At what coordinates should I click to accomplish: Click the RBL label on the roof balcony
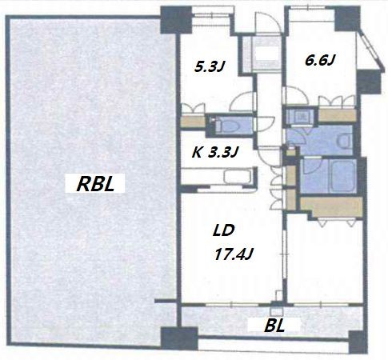click(x=95, y=184)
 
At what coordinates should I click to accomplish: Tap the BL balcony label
click(x=274, y=326)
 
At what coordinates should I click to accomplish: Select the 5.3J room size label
click(x=209, y=66)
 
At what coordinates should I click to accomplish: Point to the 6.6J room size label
click(x=319, y=60)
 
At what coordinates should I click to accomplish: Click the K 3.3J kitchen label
click(x=214, y=153)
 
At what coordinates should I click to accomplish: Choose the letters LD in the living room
click(x=223, y=230)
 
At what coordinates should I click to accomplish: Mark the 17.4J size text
click(x=234, y=254)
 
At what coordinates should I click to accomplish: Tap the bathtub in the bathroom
click(x=342, y=175)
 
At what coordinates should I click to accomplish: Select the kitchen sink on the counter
click(x=238, y=177)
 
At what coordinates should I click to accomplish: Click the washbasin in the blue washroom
click(x=346, y=141)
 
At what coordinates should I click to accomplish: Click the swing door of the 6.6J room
click(x=297, y=95)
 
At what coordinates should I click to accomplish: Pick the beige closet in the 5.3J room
click(x=193, y=122)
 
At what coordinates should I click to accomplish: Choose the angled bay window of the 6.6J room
click(x=370, y=51)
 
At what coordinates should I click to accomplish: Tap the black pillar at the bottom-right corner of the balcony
click(x=358, y=342)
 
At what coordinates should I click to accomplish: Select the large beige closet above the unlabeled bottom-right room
click(x=331, y=207)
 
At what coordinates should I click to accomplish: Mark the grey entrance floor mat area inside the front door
click(x=262, y=54)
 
